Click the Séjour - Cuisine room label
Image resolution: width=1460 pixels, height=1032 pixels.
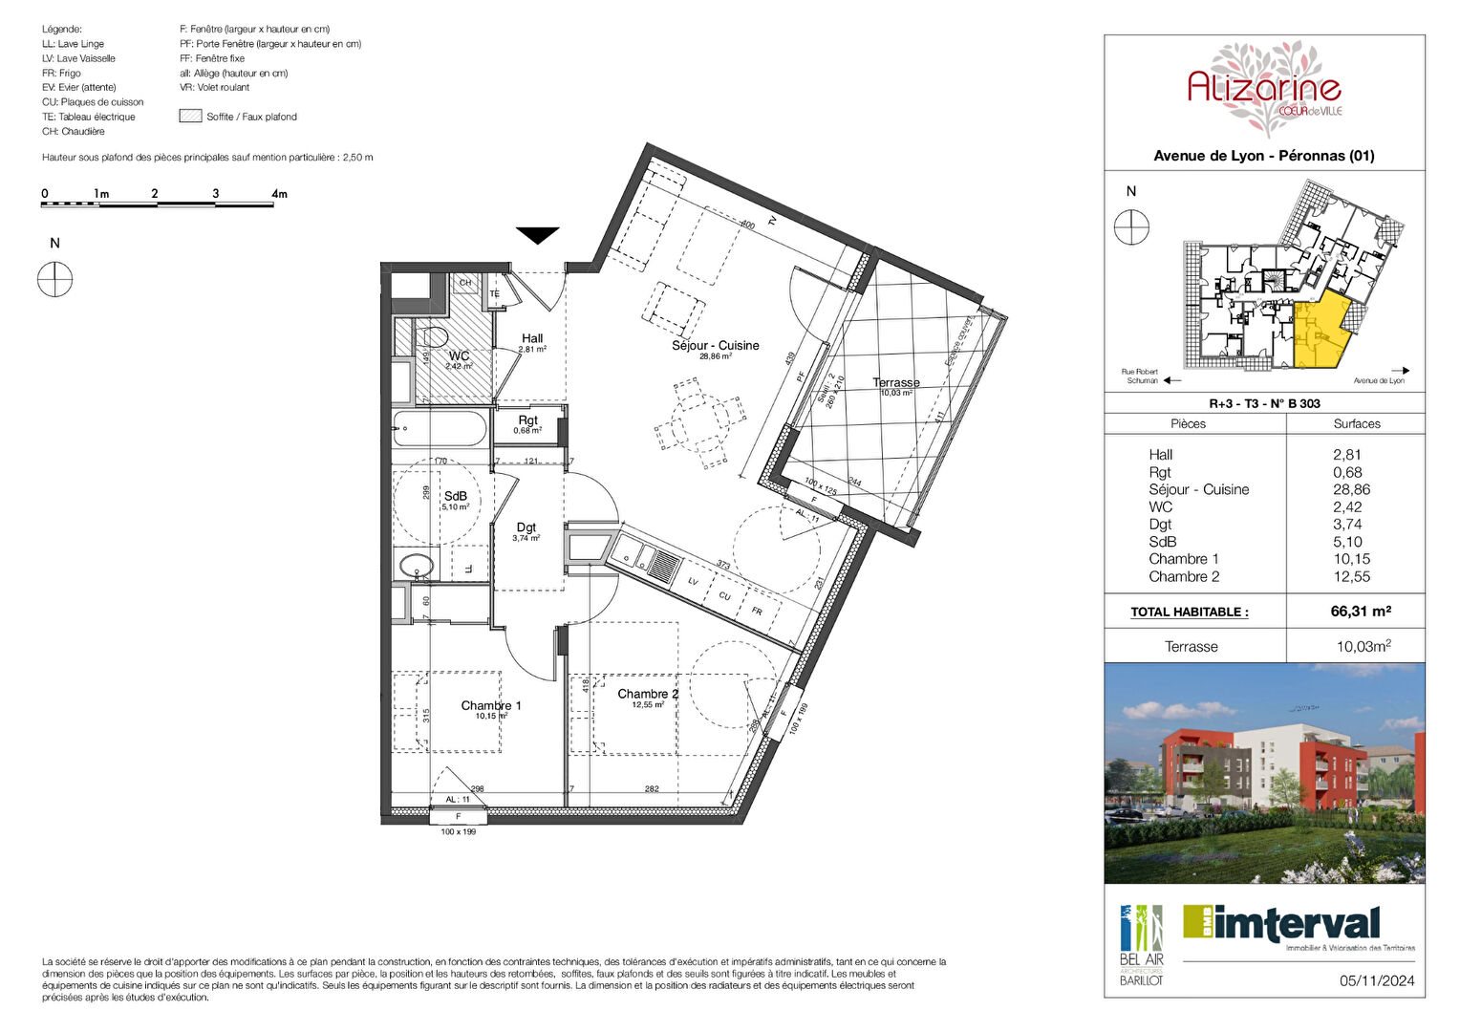[x=715, y=346]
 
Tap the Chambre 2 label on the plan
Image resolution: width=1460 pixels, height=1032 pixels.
[x=648, y=695]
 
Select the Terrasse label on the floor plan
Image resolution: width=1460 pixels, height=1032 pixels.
[x=895, y=383]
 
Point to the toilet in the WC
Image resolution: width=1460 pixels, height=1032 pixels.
[x=434, y=337]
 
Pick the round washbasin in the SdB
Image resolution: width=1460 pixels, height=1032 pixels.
[x=415, y=567]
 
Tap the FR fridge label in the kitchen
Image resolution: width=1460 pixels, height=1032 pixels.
[x=757, y=611]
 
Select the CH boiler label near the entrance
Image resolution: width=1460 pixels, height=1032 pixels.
[x=465, y=283]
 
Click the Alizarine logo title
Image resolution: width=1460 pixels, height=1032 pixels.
[x=1263, y=89]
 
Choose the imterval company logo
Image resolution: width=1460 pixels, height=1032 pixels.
[x=1281, y=925]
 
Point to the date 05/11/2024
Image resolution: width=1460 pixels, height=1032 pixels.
[x=1376, y=980]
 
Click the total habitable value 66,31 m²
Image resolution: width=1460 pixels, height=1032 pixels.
[x=1361, y=612]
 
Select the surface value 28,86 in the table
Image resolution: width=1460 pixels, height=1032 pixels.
[x=1351, y=489]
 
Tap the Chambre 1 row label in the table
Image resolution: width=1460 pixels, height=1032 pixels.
[x=1184, y=559]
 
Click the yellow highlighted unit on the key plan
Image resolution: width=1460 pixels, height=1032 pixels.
[x=1322, y=334]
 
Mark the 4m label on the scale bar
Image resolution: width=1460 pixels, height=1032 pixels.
[x=279, y=194]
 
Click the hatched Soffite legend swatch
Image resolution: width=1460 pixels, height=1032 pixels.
[x=190, y=117]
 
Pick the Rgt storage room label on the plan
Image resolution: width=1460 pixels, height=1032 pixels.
[x=528, y=420]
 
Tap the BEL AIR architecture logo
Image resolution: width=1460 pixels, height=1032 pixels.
[x=1142, y=944]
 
